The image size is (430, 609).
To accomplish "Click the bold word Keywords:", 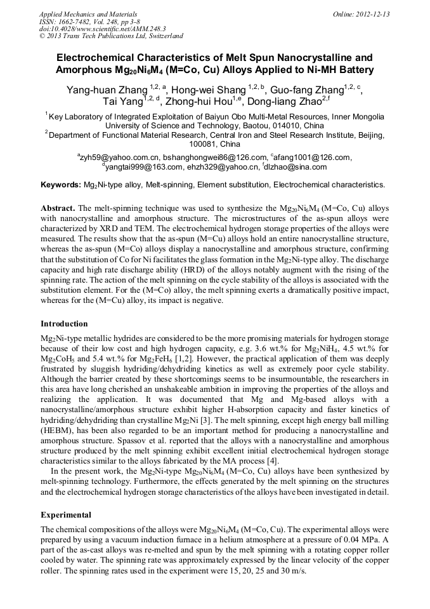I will pyautogui.click(x=61, y=185).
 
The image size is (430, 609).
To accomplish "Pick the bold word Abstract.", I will pyautogui.click(x=57, y=208).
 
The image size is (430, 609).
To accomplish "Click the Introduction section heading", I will pyautogui.click(x=64, y=323).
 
